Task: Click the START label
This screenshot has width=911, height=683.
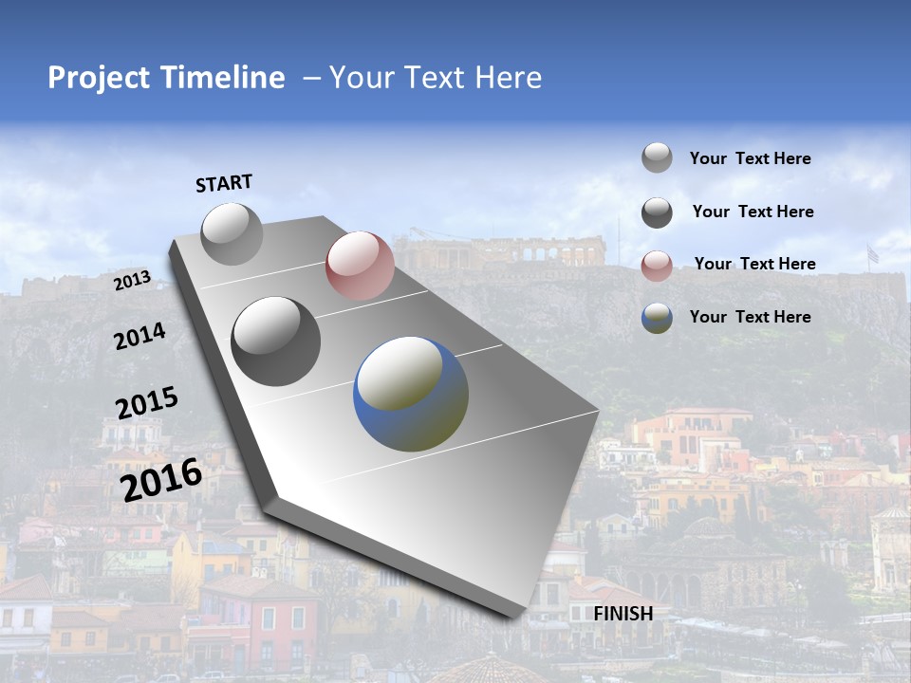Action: [224, 183]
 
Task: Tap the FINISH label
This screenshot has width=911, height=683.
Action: [623, 614]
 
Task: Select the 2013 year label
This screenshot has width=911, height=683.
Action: [133, 281]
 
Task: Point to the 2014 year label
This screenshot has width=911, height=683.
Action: [139, 337]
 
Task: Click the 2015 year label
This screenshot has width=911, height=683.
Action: [147, 403]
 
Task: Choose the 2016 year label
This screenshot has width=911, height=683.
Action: [161, 479]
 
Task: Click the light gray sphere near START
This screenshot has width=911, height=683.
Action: [232, 233]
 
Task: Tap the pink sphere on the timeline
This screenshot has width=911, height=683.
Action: [360, 266]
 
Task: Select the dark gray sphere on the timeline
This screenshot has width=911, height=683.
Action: [276, 341]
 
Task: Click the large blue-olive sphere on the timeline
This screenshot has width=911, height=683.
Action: [411, 394]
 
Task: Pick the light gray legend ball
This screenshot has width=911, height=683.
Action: [657, 158]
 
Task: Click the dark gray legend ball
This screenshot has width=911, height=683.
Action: [657, 212]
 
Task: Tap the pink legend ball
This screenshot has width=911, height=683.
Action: [657, 266]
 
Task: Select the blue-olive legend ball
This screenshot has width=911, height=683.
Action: [657, 318]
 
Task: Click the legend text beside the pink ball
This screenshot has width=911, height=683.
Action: [754, 264]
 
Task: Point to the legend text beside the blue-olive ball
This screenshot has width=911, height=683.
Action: [750, 317]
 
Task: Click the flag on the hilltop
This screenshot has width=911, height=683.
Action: [872, 254]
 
